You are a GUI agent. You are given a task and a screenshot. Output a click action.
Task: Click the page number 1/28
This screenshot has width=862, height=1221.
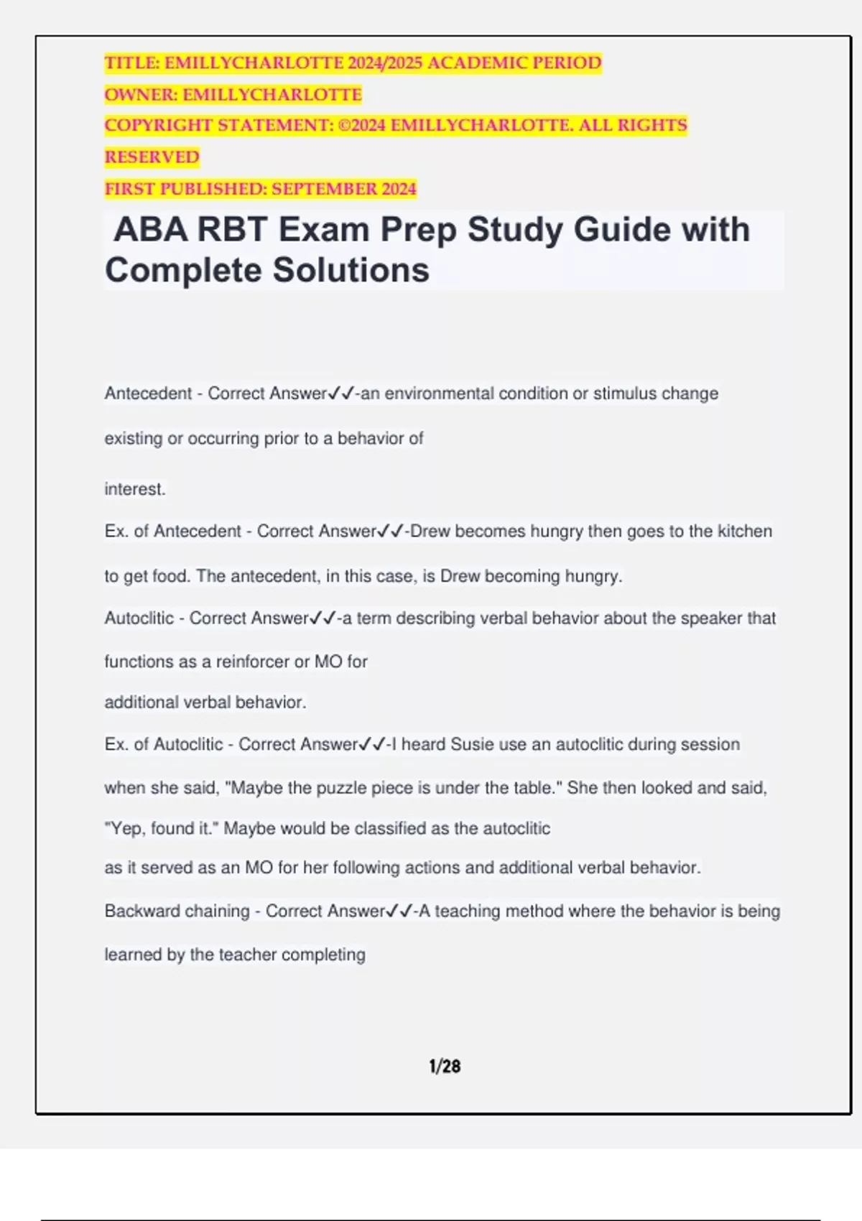click(x=445, y=1066)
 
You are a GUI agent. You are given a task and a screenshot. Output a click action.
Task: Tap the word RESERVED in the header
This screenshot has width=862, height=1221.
click(x=152, y=157)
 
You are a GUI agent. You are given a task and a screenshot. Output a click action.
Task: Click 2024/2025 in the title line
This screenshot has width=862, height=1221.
click(x=385, y=63)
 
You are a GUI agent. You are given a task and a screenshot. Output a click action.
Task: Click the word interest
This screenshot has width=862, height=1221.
click(x=134, y=489)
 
